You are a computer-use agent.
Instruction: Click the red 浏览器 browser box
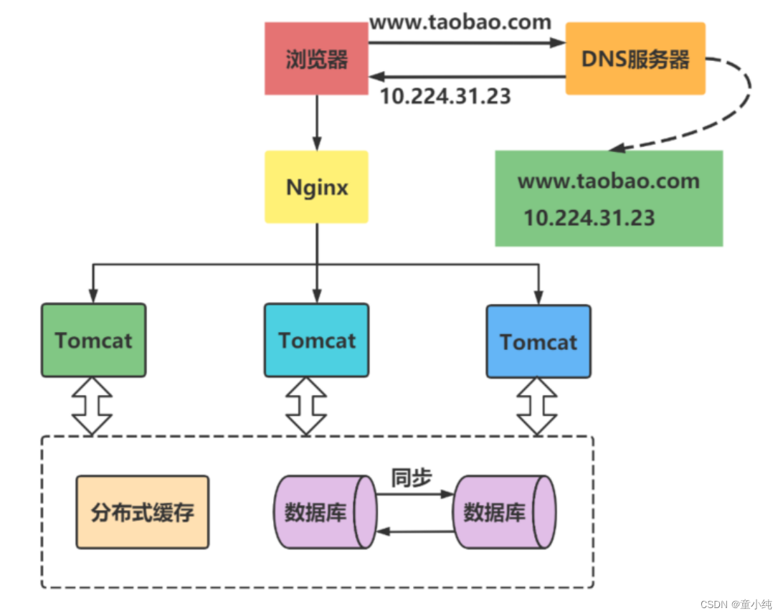(x=316, y=58)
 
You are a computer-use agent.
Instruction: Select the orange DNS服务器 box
(x=635, y=58)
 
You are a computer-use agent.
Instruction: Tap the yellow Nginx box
(x=316, y=186)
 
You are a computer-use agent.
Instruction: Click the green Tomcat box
(x=93, y=340)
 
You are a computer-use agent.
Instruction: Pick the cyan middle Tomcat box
(x=316, y=340)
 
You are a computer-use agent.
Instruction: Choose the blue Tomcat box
(x=538, y=341)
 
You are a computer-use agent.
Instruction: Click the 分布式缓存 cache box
(x=143, y=512)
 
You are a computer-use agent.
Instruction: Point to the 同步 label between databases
(x=411, y=478)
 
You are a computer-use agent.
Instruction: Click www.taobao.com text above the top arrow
(x=460, y=22)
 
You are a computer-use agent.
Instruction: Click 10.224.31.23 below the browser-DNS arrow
(x=445, y=96)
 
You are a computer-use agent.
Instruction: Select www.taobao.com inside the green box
(x=608, y=181)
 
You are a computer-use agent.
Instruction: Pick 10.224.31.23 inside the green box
(x=589, y=217)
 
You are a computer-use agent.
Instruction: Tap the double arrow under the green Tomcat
(x=93, y=406)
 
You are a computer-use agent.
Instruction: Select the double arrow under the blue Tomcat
(x=538, y=407)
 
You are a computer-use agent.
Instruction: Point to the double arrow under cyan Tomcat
(x=306, y=406)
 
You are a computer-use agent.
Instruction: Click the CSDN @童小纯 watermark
(x=736, y=605)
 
